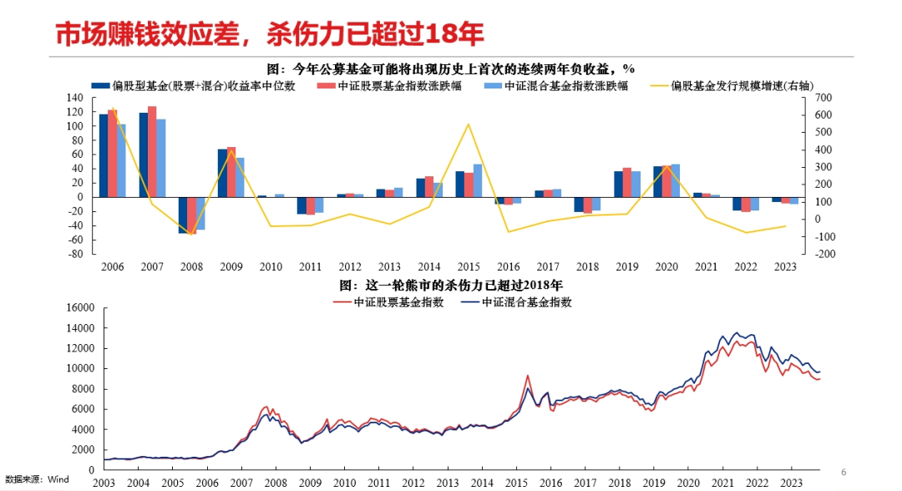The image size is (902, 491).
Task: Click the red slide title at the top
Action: click(270, 34)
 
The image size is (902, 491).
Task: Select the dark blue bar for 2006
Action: click(104, 155)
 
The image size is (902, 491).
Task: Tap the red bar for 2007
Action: click(152, 151)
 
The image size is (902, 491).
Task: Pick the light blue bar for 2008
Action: click(200, 213)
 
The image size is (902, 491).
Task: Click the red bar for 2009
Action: click(231, 172)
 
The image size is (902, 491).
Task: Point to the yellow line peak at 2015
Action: click(468, 124)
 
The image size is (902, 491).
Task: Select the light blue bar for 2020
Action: click(675, 180)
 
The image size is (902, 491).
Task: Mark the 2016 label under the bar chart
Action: click(508, 266)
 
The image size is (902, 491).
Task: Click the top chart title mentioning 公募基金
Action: click(451, 68)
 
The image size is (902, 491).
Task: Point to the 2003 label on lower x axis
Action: click(104, 483)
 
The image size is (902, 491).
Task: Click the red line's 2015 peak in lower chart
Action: click(527, 376)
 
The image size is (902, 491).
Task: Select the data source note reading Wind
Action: click(37, 479)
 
